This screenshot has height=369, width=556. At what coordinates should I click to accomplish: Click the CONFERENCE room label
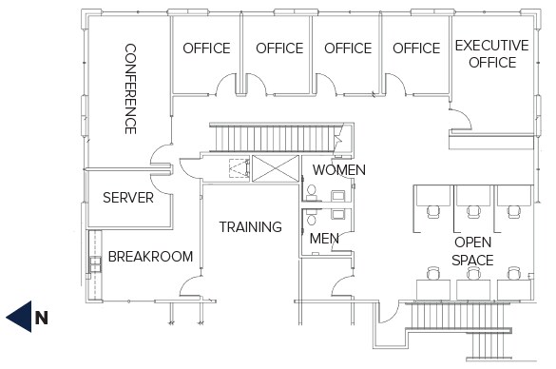pos(130,88)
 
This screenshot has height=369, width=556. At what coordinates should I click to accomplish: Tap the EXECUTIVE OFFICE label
pos(491,54)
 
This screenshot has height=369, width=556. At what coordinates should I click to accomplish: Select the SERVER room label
pos(128,198)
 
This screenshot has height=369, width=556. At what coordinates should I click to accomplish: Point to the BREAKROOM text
pos(150,257)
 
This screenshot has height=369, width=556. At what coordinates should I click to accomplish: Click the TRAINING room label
pos(250,227)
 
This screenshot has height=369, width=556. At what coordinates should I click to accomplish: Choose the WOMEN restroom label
pos(339,170)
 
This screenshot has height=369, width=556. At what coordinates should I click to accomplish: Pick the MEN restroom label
pos(325,238)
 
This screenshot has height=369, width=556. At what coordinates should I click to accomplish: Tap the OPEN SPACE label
pos(472,251)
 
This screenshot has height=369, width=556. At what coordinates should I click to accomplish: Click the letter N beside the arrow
pos(41,318)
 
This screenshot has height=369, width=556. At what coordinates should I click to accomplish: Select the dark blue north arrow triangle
pos(18,318)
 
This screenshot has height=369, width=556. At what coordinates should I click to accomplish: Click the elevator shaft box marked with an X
pos(274,171)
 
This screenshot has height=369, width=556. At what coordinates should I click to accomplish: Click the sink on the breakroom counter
pos(93,262)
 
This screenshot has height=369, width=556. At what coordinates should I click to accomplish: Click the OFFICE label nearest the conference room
pos(206,49)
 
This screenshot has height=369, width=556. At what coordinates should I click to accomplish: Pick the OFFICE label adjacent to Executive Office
pos(416,49)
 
